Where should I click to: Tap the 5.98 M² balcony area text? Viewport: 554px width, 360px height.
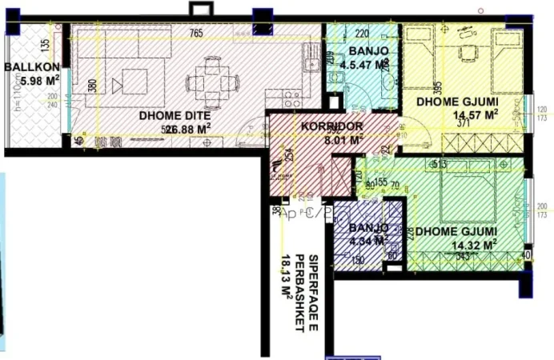click(30, 80)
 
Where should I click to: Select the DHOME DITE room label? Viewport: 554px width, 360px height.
click(175, 114)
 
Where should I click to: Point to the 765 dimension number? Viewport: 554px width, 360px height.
click(195, 33)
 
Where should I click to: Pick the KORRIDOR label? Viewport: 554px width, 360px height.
click(332, 126)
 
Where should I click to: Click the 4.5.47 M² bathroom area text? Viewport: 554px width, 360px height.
click(364, 66)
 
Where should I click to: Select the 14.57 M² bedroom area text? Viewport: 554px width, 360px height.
click(476, 114)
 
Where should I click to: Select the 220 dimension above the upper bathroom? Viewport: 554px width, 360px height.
click(362, 34)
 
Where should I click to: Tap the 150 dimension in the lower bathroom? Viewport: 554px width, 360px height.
click(358, 260)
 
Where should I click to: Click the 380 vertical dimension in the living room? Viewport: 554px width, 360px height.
click(93, 86)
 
